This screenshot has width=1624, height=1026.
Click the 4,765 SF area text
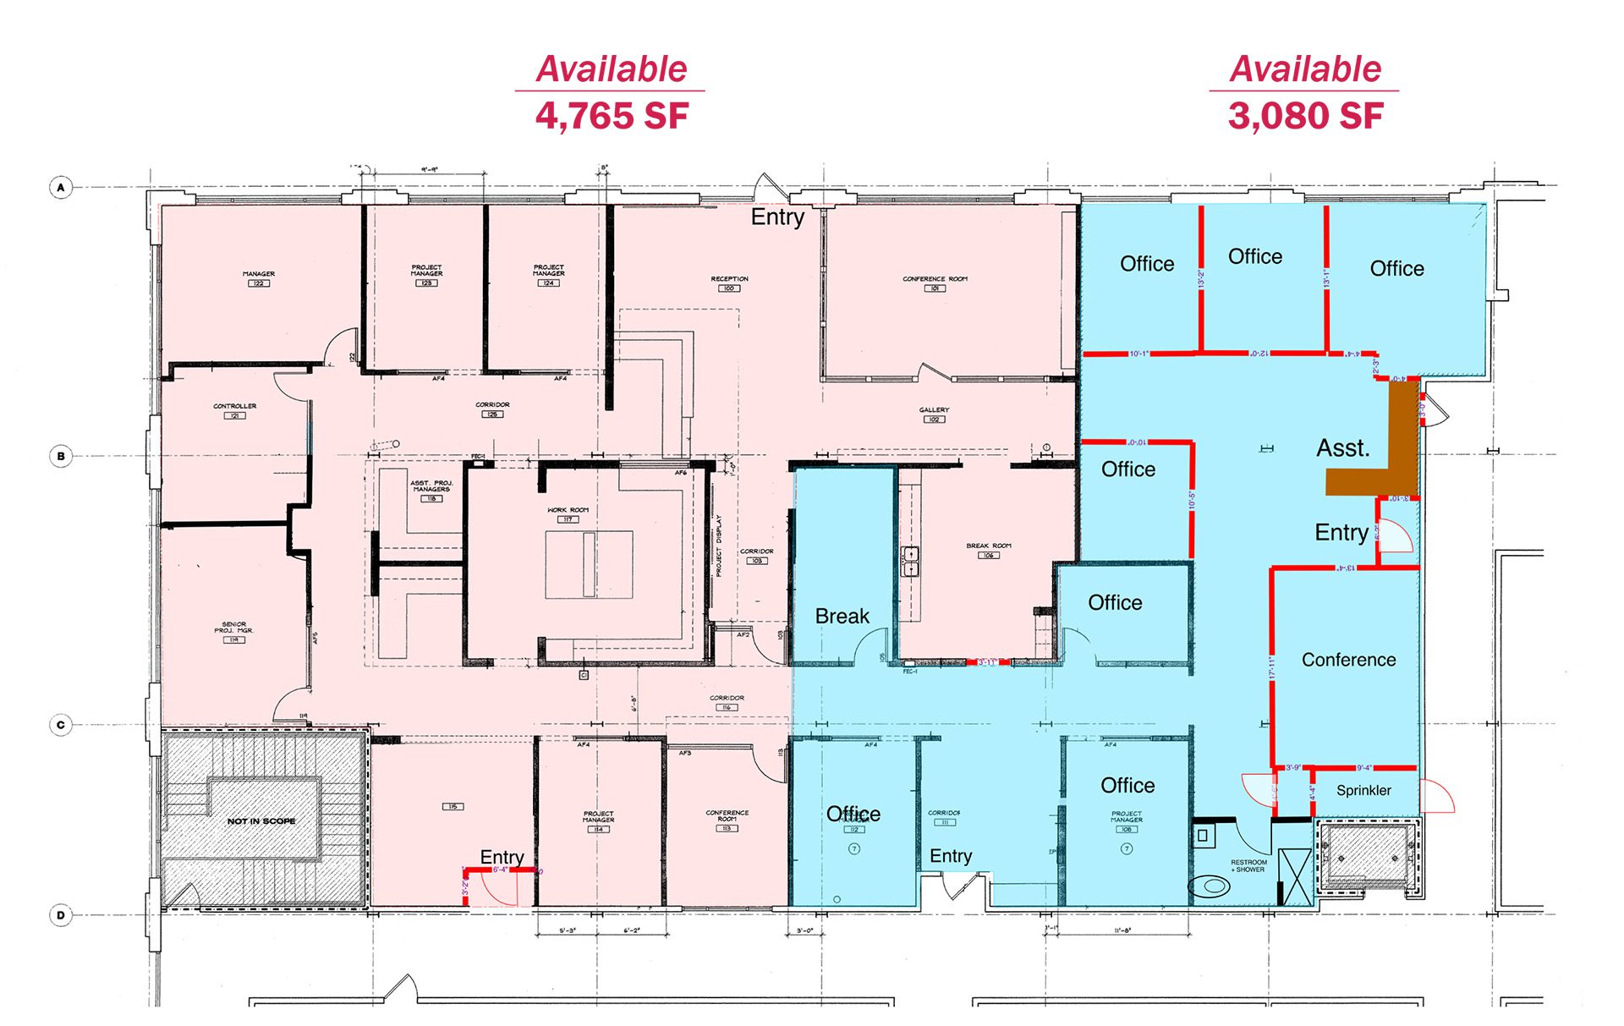(612, 116)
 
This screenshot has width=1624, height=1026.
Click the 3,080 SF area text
(1305, 116)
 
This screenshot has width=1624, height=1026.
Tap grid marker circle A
(61, 187)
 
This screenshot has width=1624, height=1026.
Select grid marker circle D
(61, 914)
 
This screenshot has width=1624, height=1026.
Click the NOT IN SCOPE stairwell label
(261, 820)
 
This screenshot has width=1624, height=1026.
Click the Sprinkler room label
(1363, 790)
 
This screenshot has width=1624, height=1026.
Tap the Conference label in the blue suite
(1348, 660)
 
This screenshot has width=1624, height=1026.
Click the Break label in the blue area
(842, 616)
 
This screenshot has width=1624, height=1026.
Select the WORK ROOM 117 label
(568, 514)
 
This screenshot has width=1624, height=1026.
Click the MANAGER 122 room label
(259, 278)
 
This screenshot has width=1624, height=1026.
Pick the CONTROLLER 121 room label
(234, 410)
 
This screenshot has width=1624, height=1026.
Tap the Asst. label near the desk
(1342, 447)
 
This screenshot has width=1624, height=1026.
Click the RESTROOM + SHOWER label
(1248, 865)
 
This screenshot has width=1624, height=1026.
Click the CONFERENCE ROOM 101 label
(935, 283)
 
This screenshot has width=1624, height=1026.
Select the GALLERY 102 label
(934, 414)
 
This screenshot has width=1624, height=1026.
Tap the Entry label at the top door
(777, 217)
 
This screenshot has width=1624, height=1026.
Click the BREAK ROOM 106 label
(989, 550)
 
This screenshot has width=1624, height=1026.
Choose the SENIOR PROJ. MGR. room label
(234, 631)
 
